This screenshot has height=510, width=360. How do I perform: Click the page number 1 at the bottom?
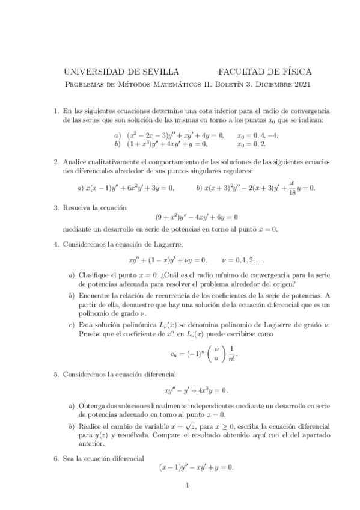188,487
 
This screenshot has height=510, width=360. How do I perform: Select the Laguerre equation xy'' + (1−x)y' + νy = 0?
168,260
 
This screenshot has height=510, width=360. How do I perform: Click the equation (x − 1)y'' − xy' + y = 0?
196,467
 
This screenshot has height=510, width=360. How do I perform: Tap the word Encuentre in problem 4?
94,295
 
